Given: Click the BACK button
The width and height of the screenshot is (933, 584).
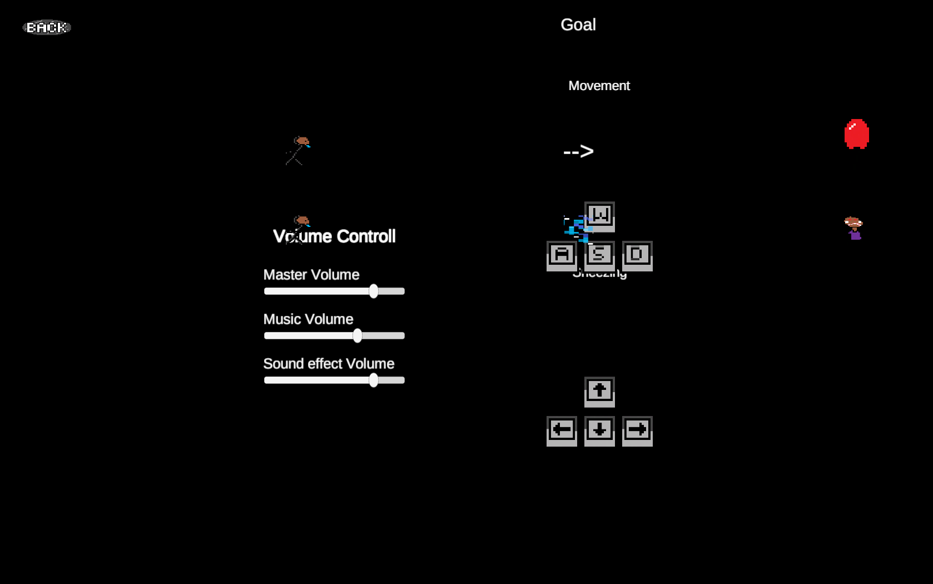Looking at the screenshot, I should [47, 27].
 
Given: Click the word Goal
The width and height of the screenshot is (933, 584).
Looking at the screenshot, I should [578, 24].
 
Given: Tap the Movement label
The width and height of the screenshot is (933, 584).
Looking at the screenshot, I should [599, 86].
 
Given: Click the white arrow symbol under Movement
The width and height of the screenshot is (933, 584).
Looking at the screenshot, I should [578, 151].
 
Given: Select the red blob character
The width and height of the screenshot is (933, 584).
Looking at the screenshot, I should [856, 133].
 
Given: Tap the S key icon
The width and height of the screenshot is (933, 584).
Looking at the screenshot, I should [599, 255].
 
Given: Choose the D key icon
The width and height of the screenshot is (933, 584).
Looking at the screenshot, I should [637, 255].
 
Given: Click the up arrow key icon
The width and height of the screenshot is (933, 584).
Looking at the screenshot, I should [599, 391].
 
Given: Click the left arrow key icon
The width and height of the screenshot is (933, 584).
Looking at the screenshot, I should [562, 430].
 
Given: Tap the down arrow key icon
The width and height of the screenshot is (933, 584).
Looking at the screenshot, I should [599, 430].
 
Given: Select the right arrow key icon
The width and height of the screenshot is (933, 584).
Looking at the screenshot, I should [637, 430].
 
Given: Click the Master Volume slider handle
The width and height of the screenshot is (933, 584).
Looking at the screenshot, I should [374, 291].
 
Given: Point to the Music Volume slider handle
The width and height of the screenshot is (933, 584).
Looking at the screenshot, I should [358, 335].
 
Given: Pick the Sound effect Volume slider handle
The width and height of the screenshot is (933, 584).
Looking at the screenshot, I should [374, 380].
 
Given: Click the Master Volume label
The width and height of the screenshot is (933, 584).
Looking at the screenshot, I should [311, 275].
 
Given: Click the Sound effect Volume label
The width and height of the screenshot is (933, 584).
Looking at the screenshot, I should [329, 364].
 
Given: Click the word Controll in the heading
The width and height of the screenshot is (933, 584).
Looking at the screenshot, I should [366, 236].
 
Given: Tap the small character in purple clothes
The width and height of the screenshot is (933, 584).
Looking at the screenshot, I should [854, 229].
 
